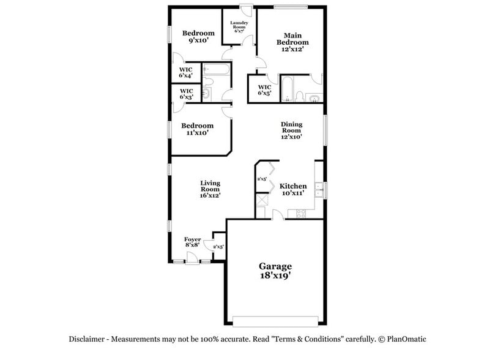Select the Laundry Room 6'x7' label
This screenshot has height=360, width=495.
(239, 27)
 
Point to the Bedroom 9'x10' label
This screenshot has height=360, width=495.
(199, 37)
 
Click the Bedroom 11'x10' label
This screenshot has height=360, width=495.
(198, 129)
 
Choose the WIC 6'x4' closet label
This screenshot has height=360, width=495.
(186, 73)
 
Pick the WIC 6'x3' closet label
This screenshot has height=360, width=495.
(186, 94)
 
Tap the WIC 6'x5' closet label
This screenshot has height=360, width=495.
(264, 90)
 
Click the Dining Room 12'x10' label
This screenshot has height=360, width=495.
(291, 130)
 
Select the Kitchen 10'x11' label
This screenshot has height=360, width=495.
(292, 189)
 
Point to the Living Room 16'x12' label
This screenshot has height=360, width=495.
(210, 189)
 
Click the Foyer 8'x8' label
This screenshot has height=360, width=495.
(192, 242)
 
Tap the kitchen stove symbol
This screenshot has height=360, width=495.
(301, 213)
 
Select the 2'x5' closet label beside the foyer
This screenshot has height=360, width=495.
(218, 247)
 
